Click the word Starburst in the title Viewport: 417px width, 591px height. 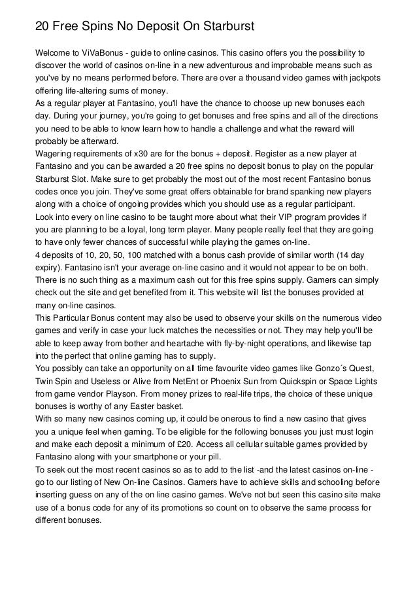220,27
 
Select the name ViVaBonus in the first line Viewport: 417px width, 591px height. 105,52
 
